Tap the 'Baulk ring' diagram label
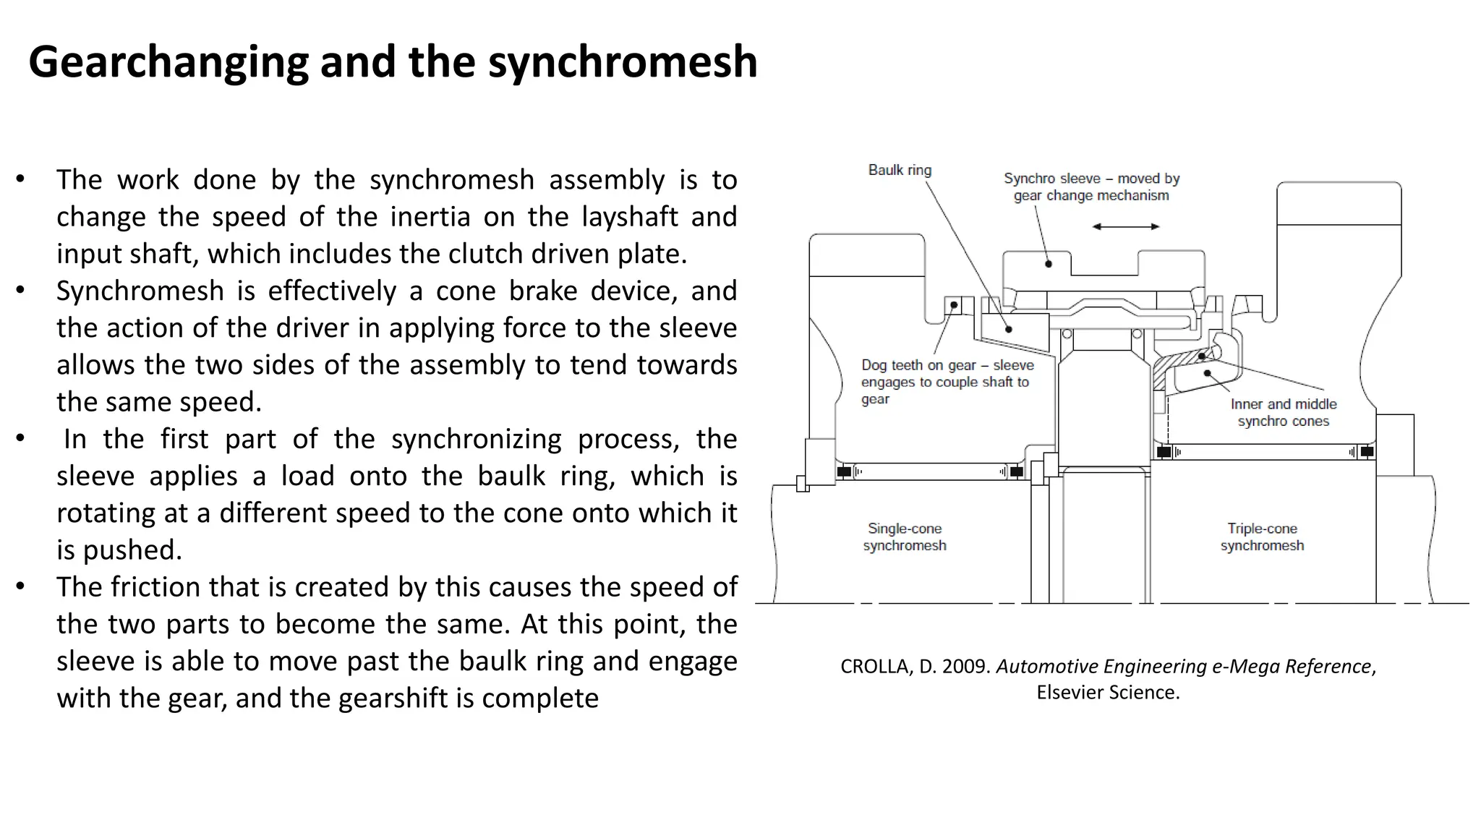tap(900, 170)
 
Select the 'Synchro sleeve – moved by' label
tap(1091, 179)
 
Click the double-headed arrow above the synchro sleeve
tap(1125, 226)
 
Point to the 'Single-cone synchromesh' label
tap(904, 537)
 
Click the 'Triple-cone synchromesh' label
tap(1262, 537)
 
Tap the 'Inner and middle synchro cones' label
tap(1283, 412)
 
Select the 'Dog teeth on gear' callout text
tap(947, 381)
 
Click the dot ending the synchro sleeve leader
tap(1049, 264)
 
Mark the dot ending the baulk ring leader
tap(1009, 329)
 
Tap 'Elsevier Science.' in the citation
tap(1108, 692)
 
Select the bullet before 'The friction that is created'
tap(20, 586)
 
